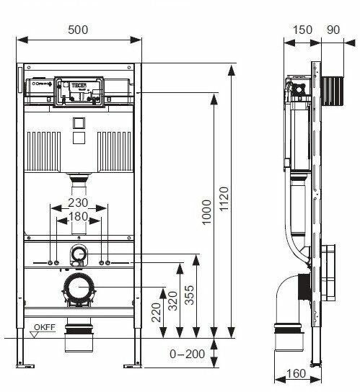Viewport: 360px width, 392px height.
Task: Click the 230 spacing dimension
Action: click(79, 202)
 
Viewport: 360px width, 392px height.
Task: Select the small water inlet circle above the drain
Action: click(79, 252)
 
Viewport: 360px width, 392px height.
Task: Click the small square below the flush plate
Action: click(79, 123)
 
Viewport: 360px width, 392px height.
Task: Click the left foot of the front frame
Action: click(21, 360)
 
